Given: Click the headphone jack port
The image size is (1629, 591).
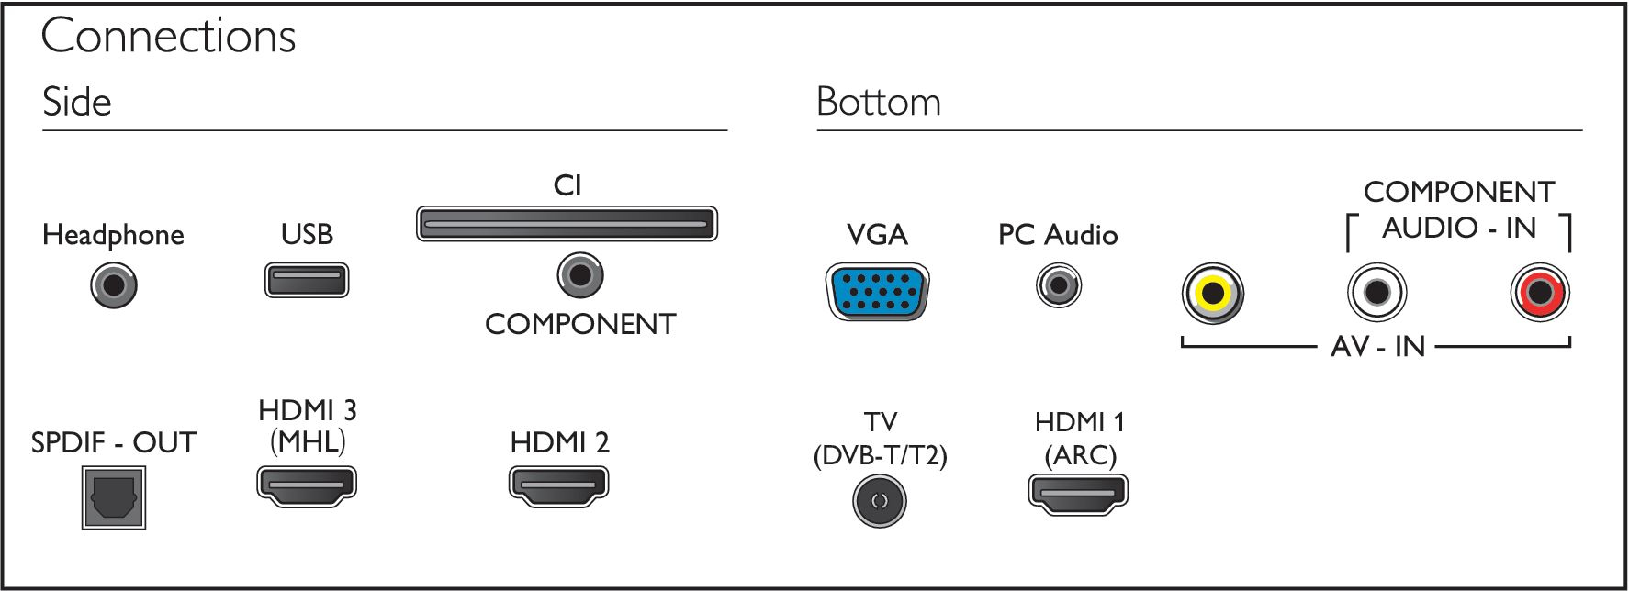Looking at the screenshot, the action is pyautogui.click(x=114, y=284).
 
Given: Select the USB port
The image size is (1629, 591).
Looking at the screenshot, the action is pyautogui.click(x=307, y=280).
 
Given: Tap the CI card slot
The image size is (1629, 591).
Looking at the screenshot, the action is pyautogui.click(x=567, y=224).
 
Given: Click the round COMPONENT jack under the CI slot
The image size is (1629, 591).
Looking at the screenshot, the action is pyautogui.click(x=580, y=274).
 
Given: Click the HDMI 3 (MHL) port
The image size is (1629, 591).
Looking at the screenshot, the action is pyautogui.click(x=307, y=486).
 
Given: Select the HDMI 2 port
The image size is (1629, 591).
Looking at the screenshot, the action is pyautogui.click(x=559, y=485).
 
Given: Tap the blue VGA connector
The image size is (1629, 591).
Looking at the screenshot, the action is pyautogui.click(x=878, y=292).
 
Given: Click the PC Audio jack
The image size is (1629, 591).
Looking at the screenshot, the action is pyautogui.click(x=1059, y=285).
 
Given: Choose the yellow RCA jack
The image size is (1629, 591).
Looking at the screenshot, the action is pyautogui.click(x=1213, y=294).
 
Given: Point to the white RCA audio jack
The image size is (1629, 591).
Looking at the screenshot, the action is pyautogui.click(x=1376, y=293).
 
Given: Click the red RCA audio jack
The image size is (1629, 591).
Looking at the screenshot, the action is pyautogui.click(x=1540, y=293).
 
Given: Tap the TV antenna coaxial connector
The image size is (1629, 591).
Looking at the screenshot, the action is pyautogui.click(x=880, y=501).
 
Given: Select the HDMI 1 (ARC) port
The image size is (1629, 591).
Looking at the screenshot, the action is pyautogui.click(x=1078, y=496).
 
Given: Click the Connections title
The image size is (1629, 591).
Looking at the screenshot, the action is pyautogui.click(x=169, y=37).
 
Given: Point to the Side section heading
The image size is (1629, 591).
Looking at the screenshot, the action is pyautogui.click(x=77, y=102).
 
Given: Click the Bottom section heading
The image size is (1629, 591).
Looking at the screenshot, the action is pyautogui.click(x=879, y=102).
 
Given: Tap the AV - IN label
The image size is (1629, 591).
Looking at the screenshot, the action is pyautogui.click(x=1377, y=347).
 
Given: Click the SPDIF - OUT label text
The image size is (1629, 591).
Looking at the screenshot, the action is pyautogui.click(x=114, y=442).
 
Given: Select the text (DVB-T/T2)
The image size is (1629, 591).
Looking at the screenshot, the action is pyautogui.click(x=880, y=455).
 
